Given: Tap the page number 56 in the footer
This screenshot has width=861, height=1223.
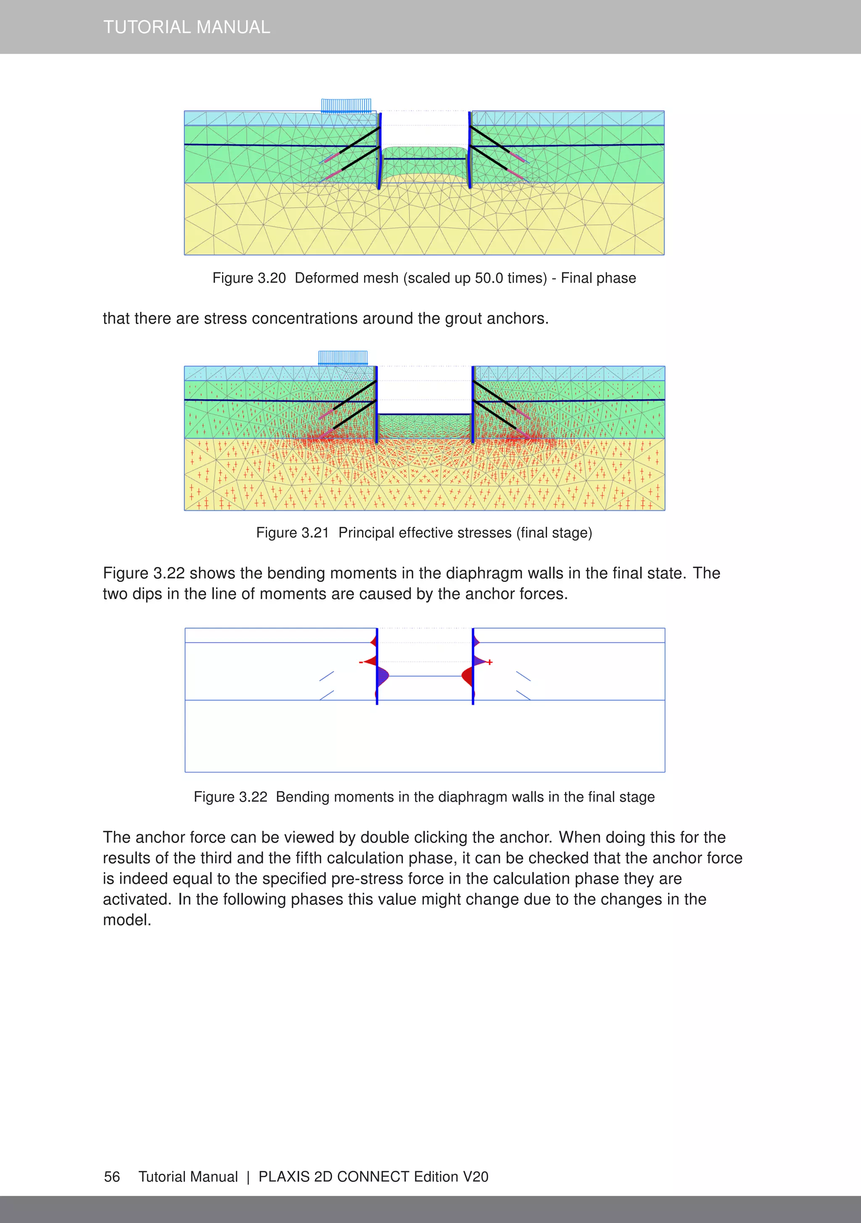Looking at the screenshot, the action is click(112, 1177).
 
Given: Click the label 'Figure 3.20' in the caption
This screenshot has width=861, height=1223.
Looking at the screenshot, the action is click(249, 278).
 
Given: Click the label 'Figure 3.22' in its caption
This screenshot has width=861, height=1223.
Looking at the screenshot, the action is click(230, 797).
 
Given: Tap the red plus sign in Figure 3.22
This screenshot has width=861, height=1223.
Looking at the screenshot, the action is click(490, 662).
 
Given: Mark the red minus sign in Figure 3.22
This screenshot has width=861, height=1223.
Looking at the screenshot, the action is click(361, 662).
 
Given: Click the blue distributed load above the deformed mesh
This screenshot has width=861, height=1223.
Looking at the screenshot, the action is click(346, 106).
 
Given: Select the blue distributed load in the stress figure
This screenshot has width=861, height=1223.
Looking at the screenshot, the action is click(343, 357).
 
